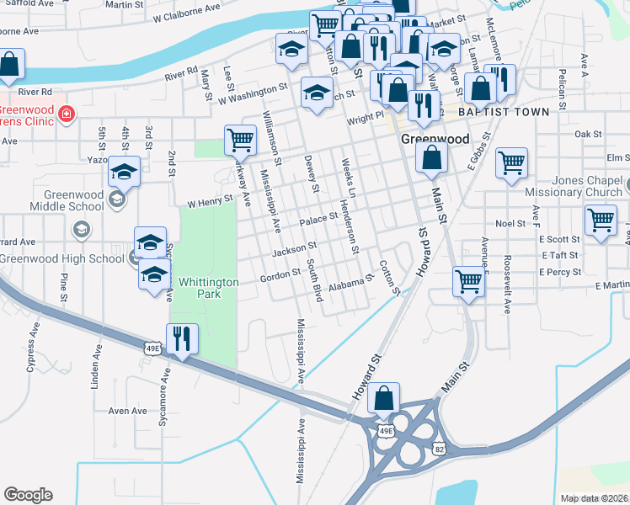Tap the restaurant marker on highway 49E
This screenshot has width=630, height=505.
[x=183, y=339]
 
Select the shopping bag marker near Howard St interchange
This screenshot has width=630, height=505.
[x=384, y=399]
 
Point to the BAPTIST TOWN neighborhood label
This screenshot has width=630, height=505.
[x=503, y=112]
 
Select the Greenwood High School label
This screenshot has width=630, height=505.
[x=62, y=258]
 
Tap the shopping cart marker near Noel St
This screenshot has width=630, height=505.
[x=601, y=221]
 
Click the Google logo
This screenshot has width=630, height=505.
[x=28, y=495]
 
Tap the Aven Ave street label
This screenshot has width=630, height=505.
[x=128, y=411]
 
